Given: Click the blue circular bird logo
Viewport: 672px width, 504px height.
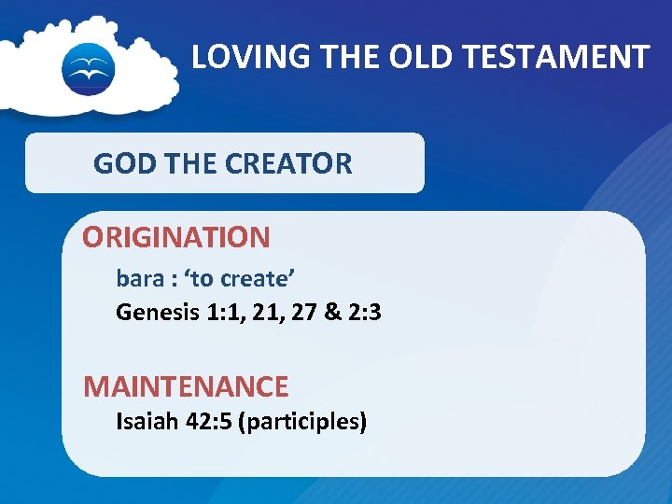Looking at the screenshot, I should [88, 68].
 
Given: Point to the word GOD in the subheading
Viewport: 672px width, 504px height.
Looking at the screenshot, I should [124, 164].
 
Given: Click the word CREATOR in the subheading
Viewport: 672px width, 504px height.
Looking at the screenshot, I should [297, 164].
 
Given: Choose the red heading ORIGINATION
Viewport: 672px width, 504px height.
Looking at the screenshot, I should [175, 237].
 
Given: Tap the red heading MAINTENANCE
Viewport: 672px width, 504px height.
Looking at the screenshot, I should [186, 385].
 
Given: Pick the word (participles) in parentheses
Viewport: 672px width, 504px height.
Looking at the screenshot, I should [302, 422].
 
